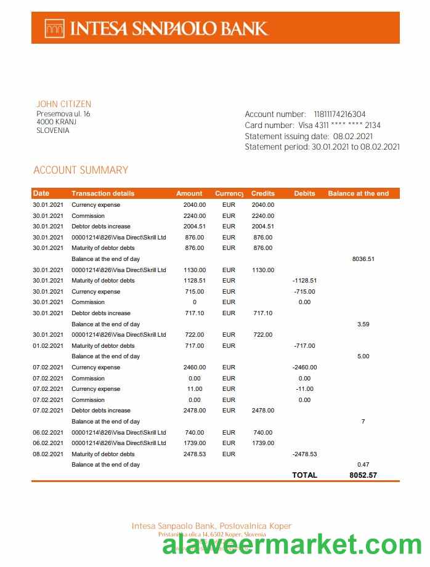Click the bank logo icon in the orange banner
54,28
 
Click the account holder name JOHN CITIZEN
63,104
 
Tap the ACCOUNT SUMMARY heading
81,170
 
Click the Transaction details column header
102,193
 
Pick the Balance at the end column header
358,193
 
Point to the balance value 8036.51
363,259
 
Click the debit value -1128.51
304,281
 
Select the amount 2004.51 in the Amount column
195,227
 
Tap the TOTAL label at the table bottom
304,475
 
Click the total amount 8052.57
363,475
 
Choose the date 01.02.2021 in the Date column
48,346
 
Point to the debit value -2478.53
304,454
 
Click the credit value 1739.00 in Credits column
262,443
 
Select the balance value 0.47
363,465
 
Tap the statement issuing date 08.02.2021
352,136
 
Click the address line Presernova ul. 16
63,114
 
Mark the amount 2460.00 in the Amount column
195,368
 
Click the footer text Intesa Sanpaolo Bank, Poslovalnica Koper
211,526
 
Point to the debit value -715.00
304,292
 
